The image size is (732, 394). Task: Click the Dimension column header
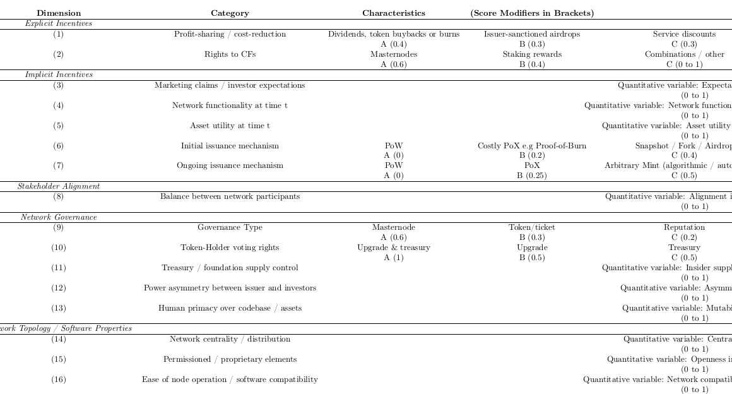(x=59, y=13)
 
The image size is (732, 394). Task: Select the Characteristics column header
(x=394, y=13)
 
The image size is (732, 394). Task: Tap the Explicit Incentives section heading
(x=59, y=23)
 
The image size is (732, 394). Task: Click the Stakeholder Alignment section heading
(x=59, y=186)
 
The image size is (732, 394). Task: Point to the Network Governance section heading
(x=59, y=217)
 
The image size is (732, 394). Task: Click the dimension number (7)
(x=59, y=166)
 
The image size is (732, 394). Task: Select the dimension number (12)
(x=59, y=288)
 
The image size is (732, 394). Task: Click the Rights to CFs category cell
(x=230, y=54)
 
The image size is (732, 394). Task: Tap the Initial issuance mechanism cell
(x=230, y=146)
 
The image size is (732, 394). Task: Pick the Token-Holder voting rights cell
(x=230, y=248)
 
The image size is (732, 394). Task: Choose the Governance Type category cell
(x=230, y=227)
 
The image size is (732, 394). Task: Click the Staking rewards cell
(x=532, y=54)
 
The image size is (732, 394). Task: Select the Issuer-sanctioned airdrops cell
(x=532, y=34)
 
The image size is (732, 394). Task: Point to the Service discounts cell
(x=684, y=34)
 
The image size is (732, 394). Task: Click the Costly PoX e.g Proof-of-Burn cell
(x=532, y=146)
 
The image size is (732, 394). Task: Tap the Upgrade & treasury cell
(x=394, y=248)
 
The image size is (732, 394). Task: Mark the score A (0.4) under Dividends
(x=394, y=44)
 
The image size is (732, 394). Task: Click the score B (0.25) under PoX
(x=532, y=176)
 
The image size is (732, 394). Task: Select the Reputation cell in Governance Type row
(x=684, y=227)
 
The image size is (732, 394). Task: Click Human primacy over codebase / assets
(x=230, y=308)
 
